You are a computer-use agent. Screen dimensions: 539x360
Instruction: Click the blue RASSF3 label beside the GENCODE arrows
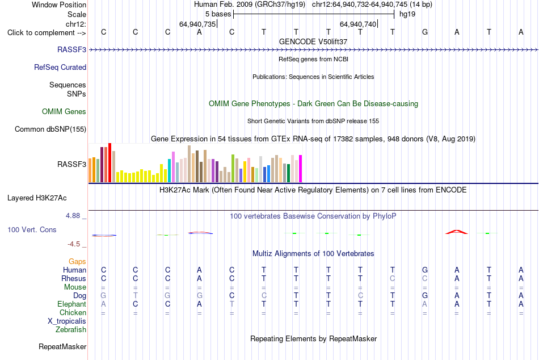[71, 49]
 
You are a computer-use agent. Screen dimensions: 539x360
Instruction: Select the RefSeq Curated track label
[60, 67]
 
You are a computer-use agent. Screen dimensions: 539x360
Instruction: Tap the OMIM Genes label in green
[64, 111]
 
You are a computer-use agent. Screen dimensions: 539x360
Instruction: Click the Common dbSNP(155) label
[50, 129]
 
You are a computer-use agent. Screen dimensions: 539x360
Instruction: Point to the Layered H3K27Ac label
[37, 198]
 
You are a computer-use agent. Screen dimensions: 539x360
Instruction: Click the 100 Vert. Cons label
[32, 229]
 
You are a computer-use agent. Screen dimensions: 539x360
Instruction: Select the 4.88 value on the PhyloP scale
[73, 215]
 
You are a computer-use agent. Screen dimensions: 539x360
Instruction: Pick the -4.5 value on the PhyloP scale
[74, 244]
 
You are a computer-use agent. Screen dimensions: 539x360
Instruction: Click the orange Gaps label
[77, 262]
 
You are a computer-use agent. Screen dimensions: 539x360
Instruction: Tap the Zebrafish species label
[71, 329]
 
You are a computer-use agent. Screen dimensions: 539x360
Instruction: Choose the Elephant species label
[72, 304]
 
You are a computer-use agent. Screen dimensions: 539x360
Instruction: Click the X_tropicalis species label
[67, 321]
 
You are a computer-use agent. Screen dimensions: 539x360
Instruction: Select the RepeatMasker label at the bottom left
[62, 346]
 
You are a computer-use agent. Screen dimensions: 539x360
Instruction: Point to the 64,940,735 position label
[197, 24]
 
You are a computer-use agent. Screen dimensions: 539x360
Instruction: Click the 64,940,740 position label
[358, 24]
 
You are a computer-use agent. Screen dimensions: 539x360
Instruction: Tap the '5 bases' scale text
[218, 14]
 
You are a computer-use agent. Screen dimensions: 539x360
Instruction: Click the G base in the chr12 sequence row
[425, 32]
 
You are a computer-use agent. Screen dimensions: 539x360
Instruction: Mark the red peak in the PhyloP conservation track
[457, 232]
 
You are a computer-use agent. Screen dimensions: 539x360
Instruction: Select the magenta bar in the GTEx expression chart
[301, 169]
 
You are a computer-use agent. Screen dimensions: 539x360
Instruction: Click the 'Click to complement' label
[47, 33]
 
